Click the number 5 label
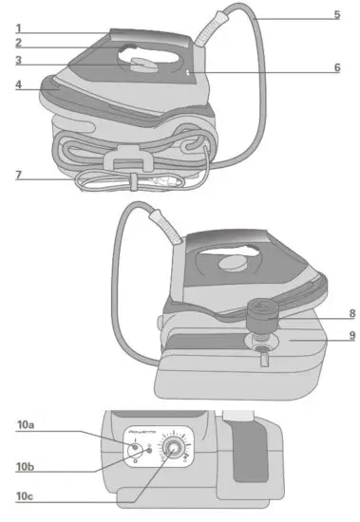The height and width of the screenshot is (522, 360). [337, 16]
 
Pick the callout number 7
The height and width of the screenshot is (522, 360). [18, 177]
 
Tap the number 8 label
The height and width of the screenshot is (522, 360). [326, 311]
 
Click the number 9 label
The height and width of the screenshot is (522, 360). [326, 335]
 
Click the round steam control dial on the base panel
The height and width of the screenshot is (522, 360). [175, 448]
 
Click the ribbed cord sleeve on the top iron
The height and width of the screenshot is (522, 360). [211, 26]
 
